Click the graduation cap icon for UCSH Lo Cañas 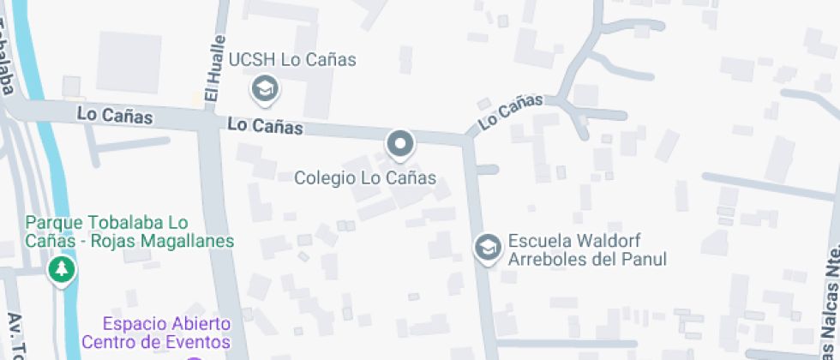(x=264, y=87)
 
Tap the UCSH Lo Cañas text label (x=291, y=60)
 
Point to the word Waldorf (x=609, y=241)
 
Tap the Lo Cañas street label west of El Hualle (x=114, y=114)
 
